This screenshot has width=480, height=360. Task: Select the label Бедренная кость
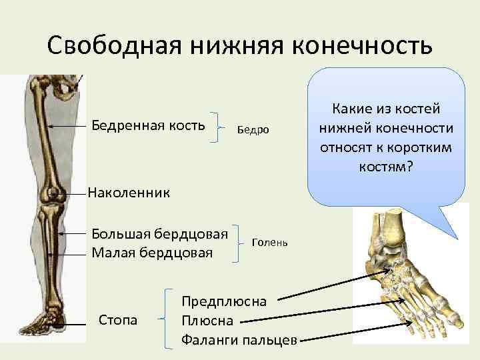coord(148,125)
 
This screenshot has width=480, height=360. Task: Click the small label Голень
coord(269,243)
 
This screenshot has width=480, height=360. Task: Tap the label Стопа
coord(118,321)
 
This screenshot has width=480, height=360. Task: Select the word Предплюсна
coord(224,301)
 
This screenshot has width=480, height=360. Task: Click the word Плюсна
coord(207,321)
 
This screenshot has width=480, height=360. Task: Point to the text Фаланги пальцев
coord(239,341)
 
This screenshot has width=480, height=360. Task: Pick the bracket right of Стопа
coord(167,320)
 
